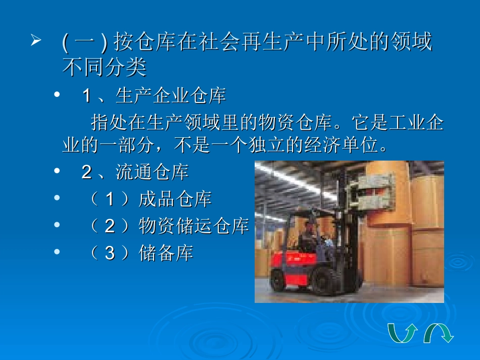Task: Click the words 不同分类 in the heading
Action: pos(104,67)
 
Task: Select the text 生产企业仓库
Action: pos(171,95)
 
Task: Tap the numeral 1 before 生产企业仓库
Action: pos(86,95)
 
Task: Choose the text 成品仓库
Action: pos(175,199)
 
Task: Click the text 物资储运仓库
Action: pos(194,227)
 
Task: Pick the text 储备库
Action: pos(166,253)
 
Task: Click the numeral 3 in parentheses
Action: pos(110,253)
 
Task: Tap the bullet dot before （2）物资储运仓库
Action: pos(57,225)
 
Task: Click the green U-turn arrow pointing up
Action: pos(402,333)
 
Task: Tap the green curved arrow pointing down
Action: pos(439,333)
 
